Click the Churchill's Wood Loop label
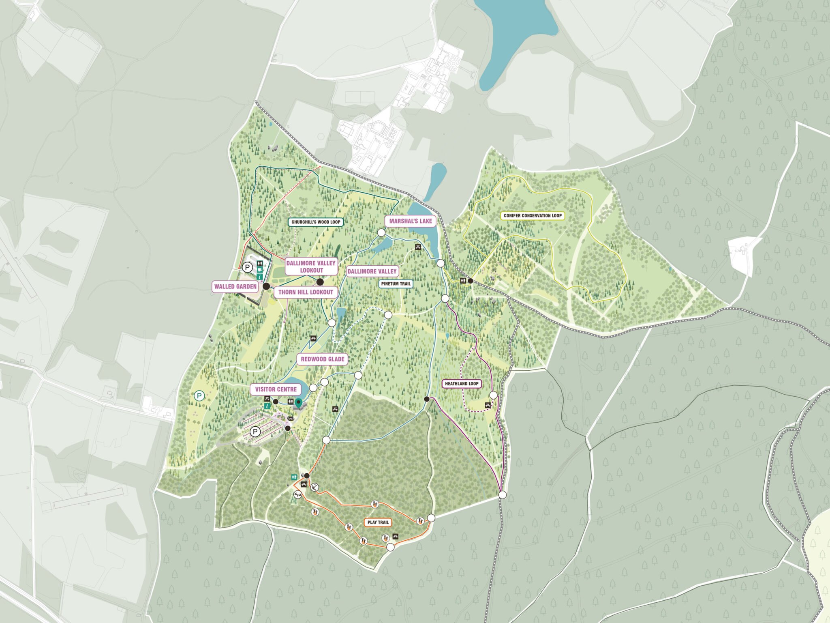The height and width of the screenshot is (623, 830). (x=316, y=222)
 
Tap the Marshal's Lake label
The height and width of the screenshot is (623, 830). (x=411, y=221)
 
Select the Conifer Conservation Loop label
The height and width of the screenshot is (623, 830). (x=533, y=216)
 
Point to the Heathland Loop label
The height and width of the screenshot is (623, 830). (x=462, y=383)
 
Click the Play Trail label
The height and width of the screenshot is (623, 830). (x=378, y=522)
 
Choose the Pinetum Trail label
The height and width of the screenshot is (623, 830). (x=396, y=284)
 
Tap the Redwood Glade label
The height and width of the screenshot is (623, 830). (x=322, y=359)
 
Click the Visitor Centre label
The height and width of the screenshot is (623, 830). (x=276, y=389)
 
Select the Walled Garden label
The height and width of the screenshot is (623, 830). (x=235, y=286)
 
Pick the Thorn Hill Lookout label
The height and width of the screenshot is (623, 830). (x=306, y=292)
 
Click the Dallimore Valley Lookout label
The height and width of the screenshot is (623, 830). (x=311, y=266)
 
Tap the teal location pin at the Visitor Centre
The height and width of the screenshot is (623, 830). (x=299, y=403)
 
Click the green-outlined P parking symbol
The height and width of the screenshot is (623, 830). (x=199, y=396)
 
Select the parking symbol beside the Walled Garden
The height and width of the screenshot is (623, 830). (x=247, y=267)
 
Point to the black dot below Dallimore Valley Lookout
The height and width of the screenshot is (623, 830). (x=320, y=282)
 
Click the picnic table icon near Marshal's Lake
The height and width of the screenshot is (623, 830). (x=417, y=247)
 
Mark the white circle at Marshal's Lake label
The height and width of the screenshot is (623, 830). (x=381, y=232)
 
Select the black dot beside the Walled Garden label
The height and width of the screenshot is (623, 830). (x=266, y=286)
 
